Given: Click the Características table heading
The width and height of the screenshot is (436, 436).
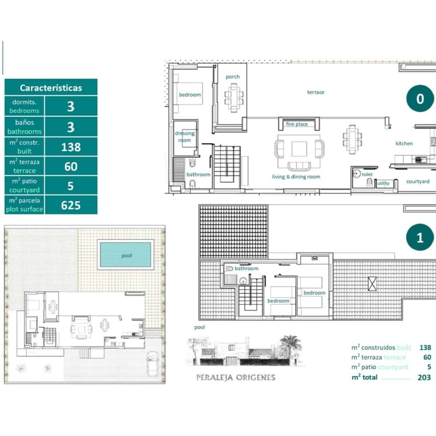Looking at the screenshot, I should click(x=51, y=88).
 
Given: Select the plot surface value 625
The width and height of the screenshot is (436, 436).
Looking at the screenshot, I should click(x=71, y=205).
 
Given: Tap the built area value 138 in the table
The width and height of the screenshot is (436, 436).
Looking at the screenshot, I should click(x=71, y=147).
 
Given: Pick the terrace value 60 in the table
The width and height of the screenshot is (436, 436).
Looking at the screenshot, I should click(x=71, y=166).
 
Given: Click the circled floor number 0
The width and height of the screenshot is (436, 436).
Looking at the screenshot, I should click(x=420, y=99).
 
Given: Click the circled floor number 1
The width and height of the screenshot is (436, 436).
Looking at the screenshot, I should click(x=420, y=238).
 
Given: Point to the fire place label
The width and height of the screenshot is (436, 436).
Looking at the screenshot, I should click(x=297, y=124).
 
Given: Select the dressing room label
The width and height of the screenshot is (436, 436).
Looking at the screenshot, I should click(x=185, y=137).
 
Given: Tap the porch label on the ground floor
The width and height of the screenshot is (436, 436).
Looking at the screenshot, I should click(x=233, y=77).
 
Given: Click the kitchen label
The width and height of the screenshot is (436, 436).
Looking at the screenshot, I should click(x=404, y=144).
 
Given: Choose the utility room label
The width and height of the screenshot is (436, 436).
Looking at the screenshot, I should click(x=383, y=183).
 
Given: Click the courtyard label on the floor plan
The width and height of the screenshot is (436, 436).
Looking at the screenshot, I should click(x=418, y=181).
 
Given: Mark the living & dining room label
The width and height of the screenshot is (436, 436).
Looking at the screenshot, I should click(x=296, y=177).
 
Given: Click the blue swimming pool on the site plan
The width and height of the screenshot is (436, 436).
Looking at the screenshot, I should click(x=125, y=254).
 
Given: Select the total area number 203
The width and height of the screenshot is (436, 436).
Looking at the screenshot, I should click(x=424, y=378).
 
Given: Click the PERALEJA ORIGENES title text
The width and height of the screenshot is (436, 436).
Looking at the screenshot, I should click(x=236, y=378).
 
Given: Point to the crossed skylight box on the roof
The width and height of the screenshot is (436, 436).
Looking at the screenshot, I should click(x=372, y=283).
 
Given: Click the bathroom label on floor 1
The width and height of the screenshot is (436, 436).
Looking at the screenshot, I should click(x=246, y=269).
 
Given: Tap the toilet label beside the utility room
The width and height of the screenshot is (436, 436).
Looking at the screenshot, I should click(x=367, y=174).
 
